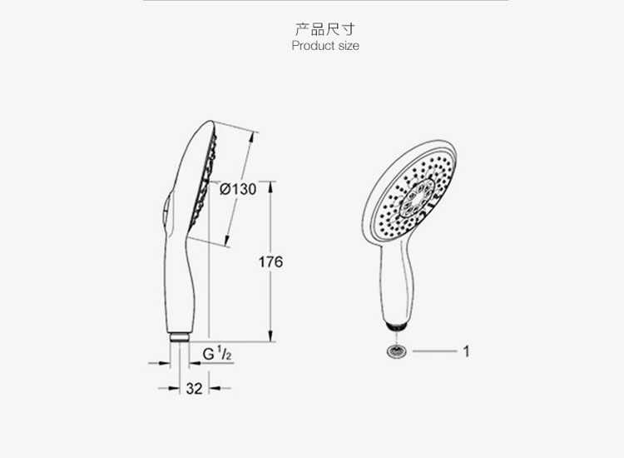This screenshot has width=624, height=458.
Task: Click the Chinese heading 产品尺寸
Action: [324, 29]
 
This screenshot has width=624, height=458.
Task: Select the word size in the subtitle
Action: [349, 46]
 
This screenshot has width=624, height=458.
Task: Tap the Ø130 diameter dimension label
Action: [238, 189]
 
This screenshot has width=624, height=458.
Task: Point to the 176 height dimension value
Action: [270, 261]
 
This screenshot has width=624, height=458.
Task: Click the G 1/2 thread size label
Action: [217, 353]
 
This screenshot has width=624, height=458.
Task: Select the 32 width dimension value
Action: [194, 388]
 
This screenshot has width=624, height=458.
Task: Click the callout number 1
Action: [467, 351]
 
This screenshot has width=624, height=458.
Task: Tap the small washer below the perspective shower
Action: [396, 351]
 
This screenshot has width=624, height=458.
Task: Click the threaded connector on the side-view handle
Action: [179, 337]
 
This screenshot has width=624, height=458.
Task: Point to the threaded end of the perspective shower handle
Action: [396, 326]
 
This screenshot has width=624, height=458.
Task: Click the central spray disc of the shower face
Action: [416, 197]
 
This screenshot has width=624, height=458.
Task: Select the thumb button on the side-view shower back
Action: [166, 211]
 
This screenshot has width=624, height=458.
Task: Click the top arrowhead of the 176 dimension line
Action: [270, 187]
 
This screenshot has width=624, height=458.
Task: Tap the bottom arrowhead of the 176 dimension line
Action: [270, 336]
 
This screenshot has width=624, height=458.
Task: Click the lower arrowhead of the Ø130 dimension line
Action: [227, 240]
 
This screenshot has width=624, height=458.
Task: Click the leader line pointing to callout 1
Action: [434, 351]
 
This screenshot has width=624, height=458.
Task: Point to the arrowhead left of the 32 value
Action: [174, 388]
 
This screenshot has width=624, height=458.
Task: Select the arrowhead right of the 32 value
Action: [214, 388]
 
